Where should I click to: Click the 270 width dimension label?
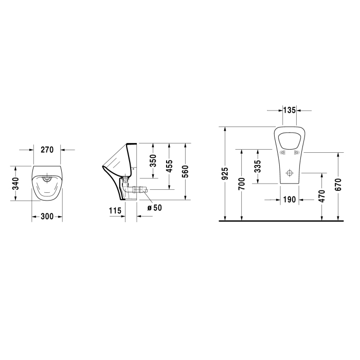tap(47, 150)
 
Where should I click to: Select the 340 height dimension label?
tap(16, 183)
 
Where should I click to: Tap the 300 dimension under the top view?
tap(47, 217)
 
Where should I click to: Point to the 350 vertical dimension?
tap(152, 160)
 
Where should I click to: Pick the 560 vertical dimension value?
tap(185, 170)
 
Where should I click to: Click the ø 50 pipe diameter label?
tap(154, 208)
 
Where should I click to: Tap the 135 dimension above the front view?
tap(290, 110)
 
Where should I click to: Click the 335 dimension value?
tap(257, 166)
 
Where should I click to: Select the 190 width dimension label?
tap(290, 200)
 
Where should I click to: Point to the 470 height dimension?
tap(321, 197)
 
